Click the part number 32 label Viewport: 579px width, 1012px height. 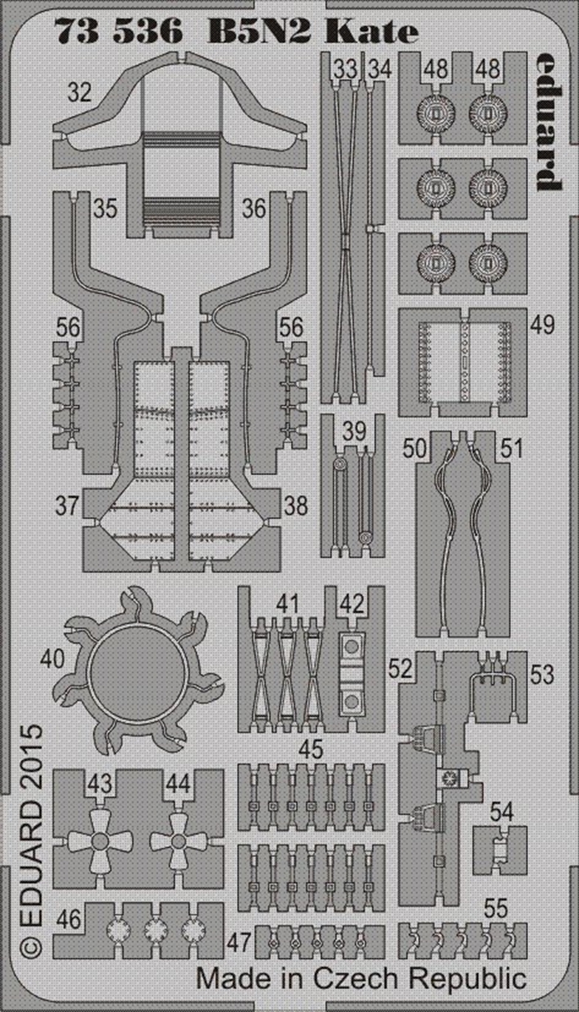(80, 92)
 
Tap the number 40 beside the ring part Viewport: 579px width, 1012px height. (52, 659)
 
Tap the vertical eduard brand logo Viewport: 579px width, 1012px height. (549, 122)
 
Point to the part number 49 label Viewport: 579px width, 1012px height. (542, 324)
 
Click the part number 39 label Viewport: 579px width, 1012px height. (354, 431)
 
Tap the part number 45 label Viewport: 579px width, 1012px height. (311, 750)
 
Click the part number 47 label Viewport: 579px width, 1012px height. (239, 942)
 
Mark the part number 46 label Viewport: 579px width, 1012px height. (69, 919)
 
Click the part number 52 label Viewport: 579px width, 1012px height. (400, 669)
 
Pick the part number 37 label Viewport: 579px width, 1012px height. (67, 505)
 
